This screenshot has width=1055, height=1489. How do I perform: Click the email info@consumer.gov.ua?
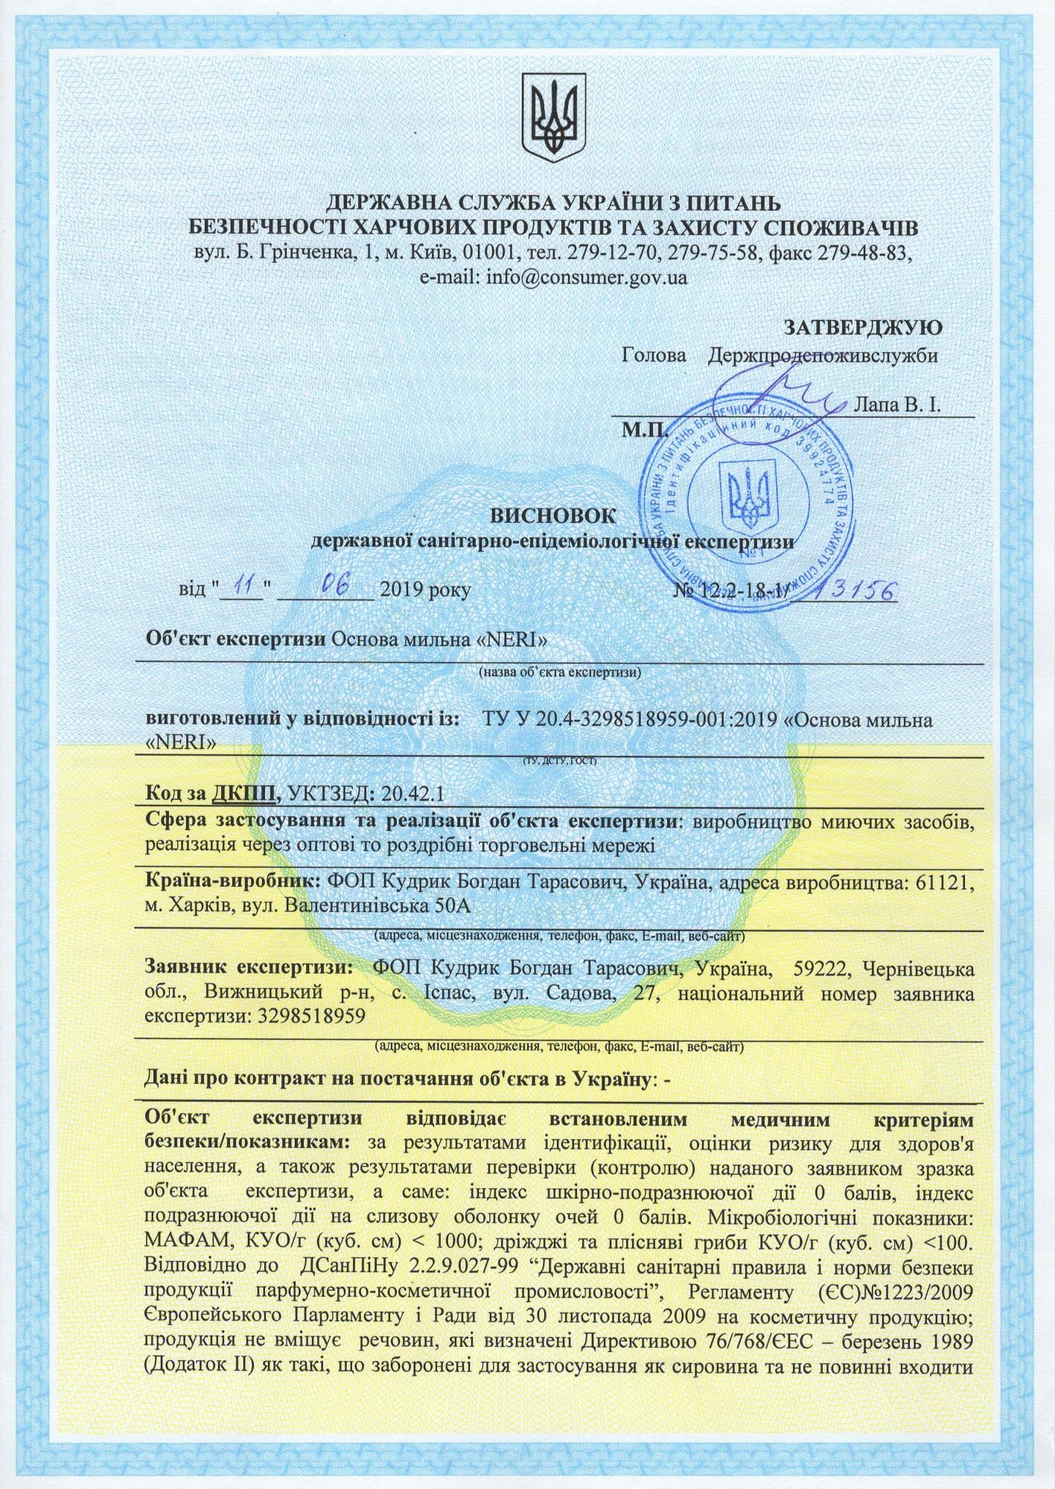[x=586, y=278]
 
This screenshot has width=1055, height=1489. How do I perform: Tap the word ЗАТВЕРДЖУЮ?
[x=864, y=327]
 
